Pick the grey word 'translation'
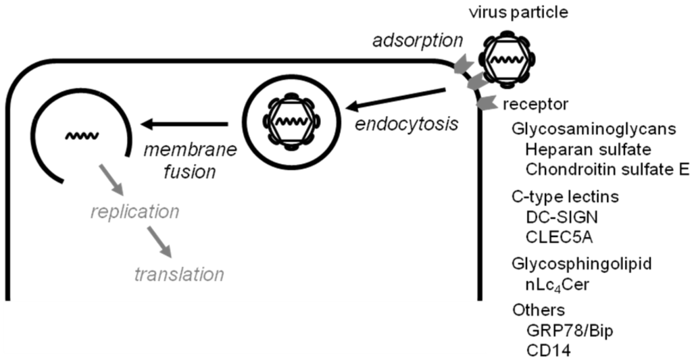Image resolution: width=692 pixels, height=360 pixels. tap(178, 274)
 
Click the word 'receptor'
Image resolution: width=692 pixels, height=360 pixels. tap(535, 105)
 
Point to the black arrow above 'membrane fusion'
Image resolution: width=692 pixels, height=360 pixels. tap(184, 124)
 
